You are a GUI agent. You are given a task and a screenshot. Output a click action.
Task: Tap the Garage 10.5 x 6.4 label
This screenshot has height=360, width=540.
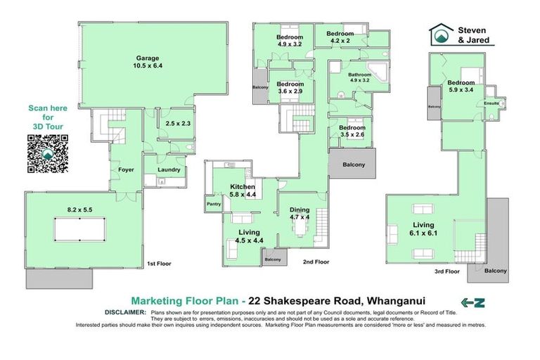click(148, 62)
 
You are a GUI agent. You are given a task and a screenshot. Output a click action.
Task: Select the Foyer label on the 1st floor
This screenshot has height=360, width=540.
click(126, 169)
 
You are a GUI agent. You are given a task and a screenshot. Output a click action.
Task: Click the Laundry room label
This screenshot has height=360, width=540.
click(169, 169)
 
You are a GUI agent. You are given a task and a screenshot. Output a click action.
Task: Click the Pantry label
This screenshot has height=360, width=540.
click(214, 205)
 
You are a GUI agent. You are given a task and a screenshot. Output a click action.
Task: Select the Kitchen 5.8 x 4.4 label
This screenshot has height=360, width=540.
click(242, 191)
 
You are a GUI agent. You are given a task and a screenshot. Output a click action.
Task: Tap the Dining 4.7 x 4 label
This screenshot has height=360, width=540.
click(300, 213)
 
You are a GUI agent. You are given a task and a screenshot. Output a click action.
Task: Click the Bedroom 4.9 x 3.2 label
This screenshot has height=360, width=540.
click(289, 40)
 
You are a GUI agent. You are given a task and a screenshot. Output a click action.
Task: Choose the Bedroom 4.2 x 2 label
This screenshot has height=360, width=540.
click(339, 37)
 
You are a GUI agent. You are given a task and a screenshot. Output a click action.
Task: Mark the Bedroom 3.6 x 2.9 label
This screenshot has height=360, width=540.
click(290, 87)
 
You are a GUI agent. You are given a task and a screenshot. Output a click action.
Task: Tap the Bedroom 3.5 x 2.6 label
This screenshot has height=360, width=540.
click(352, 131)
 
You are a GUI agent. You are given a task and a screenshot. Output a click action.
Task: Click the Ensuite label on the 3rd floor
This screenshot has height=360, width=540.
click(492, 103)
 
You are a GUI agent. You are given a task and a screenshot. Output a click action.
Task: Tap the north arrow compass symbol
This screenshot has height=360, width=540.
click(473, 303)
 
